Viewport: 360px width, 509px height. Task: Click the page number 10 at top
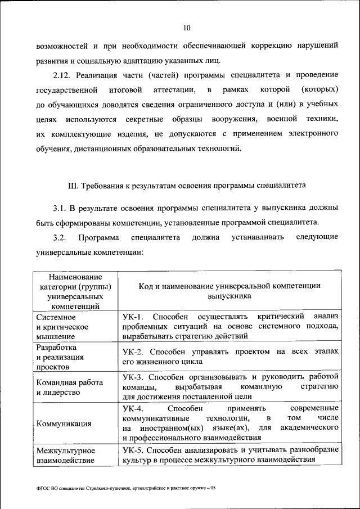pos(187,28)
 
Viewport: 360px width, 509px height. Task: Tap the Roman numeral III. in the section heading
pos(73,184)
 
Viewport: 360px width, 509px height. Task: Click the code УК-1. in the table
pos(134,316)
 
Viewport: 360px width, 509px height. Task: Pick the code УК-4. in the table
pos(134,408)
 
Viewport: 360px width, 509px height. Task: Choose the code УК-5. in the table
pos(134,451)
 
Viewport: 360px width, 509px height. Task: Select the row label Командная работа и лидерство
pos(69,388)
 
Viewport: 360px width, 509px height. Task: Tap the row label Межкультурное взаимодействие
pos(65,456)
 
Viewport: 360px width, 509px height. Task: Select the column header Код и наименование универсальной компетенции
pos(229,290)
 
